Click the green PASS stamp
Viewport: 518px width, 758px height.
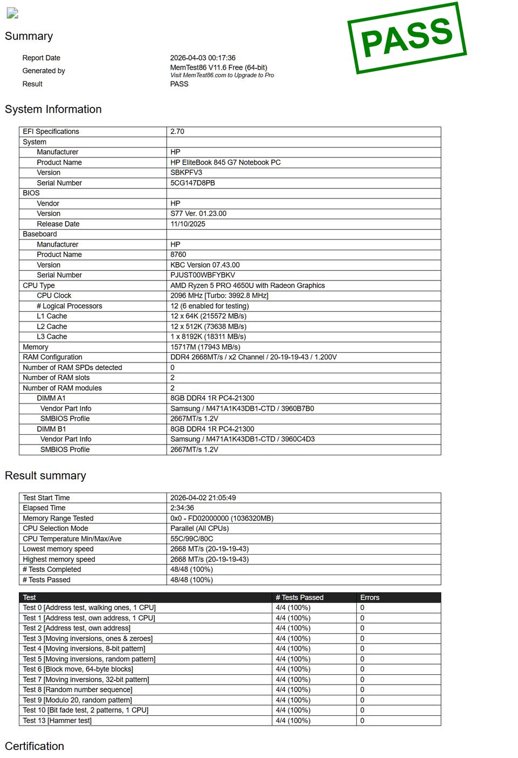pos(407,38)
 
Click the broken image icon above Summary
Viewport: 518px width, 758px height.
pos(12,13)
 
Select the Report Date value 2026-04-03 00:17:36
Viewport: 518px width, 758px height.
pos(202,58)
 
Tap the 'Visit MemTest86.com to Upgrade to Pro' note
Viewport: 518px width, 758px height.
pos(222,76)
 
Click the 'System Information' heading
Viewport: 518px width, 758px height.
pos(53,110)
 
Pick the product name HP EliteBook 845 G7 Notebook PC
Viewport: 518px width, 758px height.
pos(225,162)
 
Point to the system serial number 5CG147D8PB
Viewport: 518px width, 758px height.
pos(192,183)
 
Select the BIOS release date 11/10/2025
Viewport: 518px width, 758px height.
pos(187,224)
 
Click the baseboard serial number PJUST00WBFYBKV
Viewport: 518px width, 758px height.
pos(202,275)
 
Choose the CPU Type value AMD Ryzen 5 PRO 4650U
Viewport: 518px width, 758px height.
pos(247,285)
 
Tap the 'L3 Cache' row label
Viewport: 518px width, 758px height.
pos(52,337)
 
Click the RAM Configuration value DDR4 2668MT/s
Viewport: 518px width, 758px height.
pos(253,357)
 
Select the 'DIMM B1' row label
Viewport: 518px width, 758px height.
pos(51,429)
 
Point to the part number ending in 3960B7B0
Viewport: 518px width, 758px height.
pos(242,408)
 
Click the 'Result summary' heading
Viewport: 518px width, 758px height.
pos(45,476)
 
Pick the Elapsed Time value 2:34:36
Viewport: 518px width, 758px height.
pos(182,508)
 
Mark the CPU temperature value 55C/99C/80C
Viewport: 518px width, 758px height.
pos(192,538)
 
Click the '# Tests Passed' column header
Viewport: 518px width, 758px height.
pos(299,597)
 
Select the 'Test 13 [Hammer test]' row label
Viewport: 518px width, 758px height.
pos(57,720)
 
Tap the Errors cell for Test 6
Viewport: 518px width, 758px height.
pos(362,669)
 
